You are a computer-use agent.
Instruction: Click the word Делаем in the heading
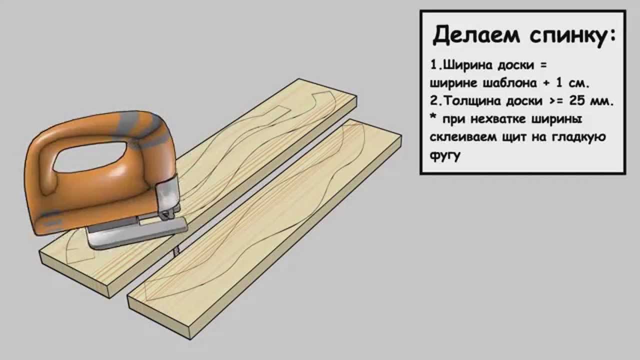[x=469, y=35]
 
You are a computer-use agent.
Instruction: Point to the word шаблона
[x=508, y=83]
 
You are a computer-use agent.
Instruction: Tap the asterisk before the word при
[x=433, y=119]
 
